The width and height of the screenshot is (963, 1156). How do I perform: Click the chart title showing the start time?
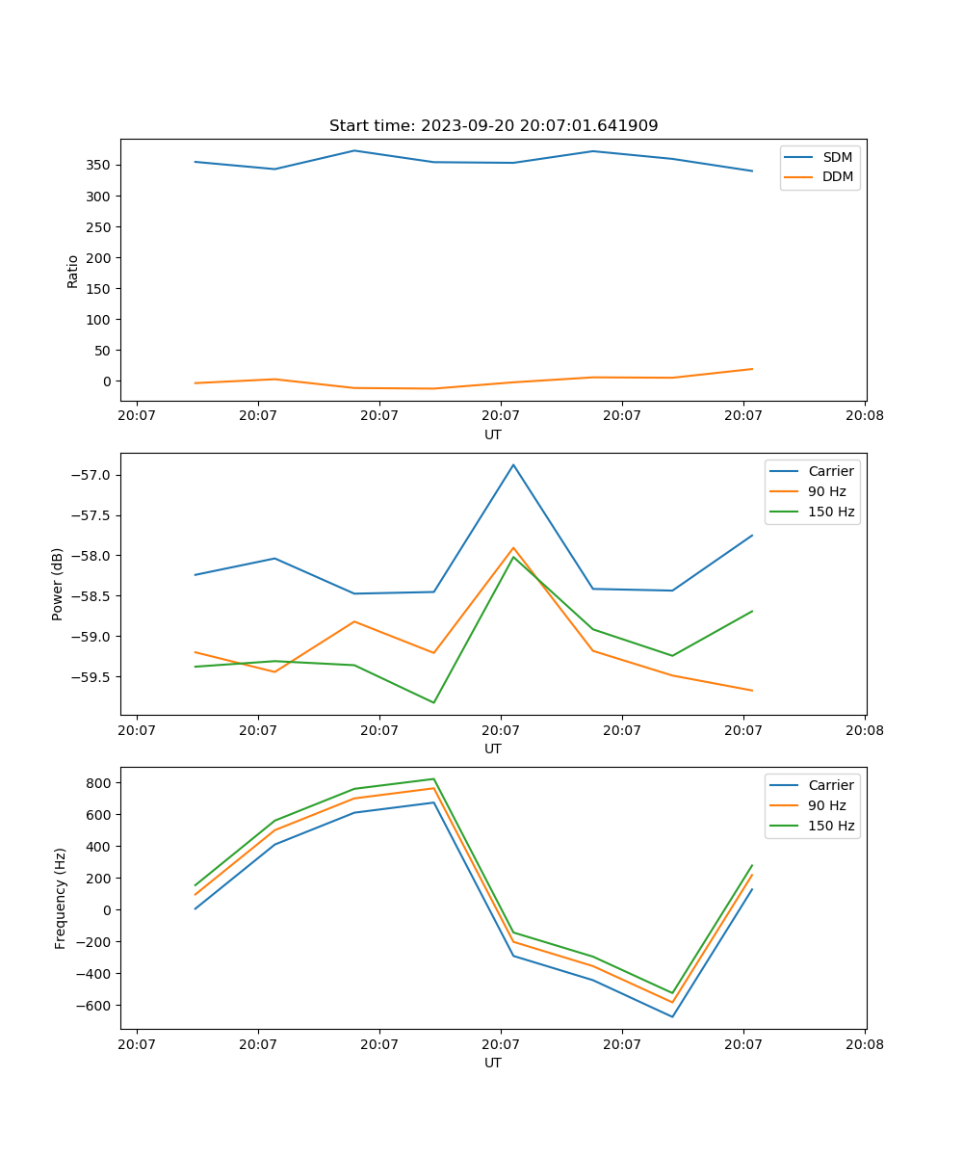pos(493,126)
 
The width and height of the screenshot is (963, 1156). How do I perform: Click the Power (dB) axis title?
pos(58,584)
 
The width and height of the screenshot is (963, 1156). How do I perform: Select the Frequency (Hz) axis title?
pos(61,898)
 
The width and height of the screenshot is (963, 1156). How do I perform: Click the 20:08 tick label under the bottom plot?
pos(864,1043)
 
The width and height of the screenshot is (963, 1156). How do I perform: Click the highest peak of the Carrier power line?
pos(513,464)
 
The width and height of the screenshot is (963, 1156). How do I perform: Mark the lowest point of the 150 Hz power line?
pos(433,702)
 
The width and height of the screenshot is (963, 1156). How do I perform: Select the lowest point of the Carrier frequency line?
pos(672,1016)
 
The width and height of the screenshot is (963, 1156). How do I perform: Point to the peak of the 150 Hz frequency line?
pos(433,778)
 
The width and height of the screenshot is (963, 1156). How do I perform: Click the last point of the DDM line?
pos(752,369)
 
